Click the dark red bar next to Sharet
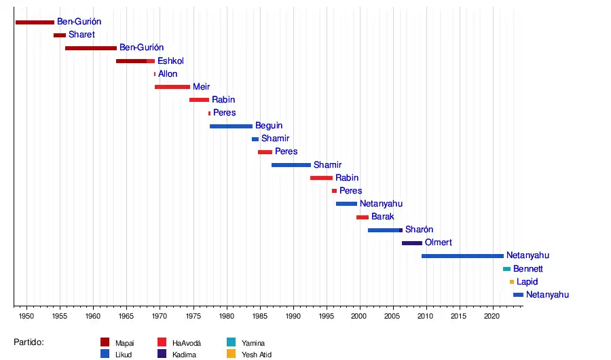(x=60, y=35)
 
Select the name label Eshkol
(x=170, y=61)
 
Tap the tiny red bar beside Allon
(x=155, y=74)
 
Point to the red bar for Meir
(x=172, y=87)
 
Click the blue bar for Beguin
(x=231, y=126)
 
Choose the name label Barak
(x=383, y=217)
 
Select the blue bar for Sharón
(x=385, y=230)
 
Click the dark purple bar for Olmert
(x=412, y=243)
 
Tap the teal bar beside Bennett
(x=506, y=269)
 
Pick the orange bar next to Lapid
(x=512, y=282)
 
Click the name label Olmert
(x=438, y=242)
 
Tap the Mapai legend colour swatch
(x=105, y=342)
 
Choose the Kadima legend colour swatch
(x=162, y=354)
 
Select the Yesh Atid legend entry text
(x=257, y=355)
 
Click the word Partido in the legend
(x=29, y=342)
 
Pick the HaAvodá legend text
(x=187, y=343)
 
